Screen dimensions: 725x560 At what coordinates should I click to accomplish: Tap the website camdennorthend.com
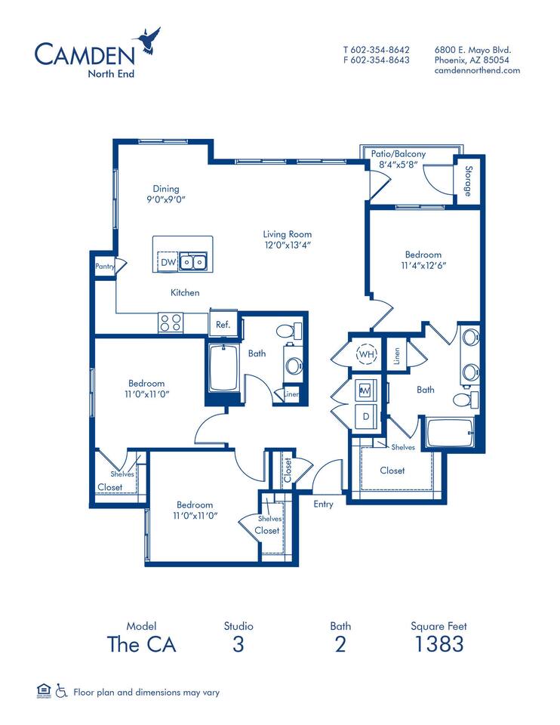pos(477,70)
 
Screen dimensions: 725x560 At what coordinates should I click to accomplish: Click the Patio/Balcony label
pos(398,154)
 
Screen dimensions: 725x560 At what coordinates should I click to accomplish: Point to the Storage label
pos(467,182)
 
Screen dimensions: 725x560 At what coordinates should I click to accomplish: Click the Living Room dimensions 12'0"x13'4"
pos(287,245)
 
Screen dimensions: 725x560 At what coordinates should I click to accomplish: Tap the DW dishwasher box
pos(168,262)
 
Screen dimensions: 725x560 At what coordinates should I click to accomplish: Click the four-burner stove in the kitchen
pos(170,322)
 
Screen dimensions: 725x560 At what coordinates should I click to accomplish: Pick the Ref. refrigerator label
pos(223,325)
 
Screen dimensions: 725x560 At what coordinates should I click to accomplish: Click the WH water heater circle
pos(366,353)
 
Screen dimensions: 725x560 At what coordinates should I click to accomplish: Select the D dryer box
pos(366,416)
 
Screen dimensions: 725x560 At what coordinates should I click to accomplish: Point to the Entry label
pos(323,504)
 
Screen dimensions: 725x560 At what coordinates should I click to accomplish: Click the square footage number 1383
pos(438,644)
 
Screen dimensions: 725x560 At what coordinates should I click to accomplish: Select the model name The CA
pos(141,644)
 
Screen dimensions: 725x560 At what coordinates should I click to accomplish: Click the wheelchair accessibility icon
pos(59,691)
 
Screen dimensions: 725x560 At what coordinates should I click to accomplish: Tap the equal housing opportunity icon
pos(42,690)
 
